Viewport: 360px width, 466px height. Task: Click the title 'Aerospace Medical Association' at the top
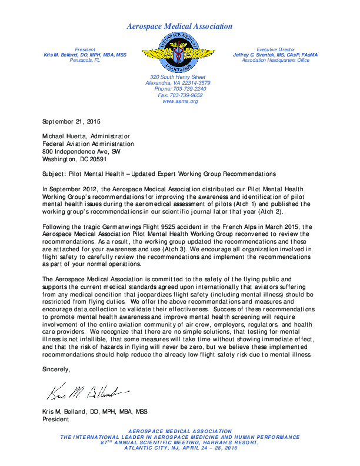(x=179, y=26)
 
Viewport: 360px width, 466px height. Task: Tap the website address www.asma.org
(x=179, y=101)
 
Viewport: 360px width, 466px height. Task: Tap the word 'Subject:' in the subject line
(x=56, y=174)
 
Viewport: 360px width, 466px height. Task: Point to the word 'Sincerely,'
(x=56, y=369)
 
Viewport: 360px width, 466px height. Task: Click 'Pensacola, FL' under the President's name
(x=85, y=60)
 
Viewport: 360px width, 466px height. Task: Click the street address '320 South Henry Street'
(x=178, y=77)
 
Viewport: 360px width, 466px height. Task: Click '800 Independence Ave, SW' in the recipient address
(x=81, y=151)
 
